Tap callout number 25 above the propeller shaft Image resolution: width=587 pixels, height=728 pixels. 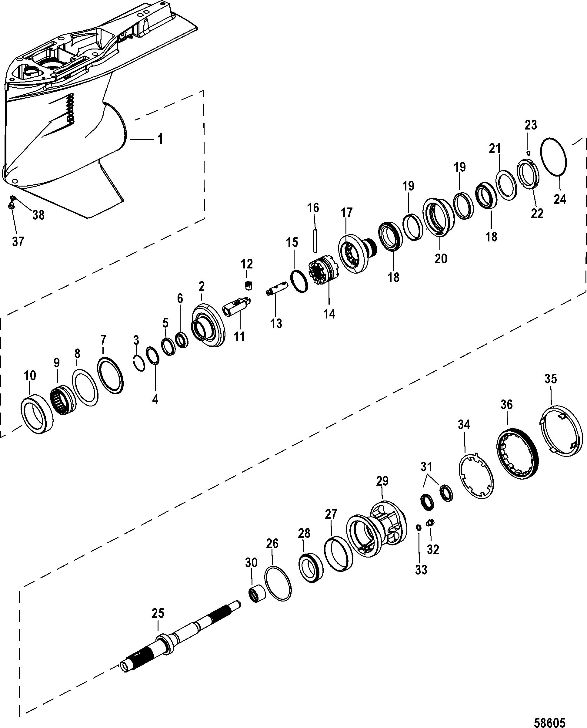158,614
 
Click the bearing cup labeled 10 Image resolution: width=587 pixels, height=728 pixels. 37,416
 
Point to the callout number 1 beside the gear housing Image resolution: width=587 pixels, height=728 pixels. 160,139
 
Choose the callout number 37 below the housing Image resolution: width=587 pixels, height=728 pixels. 18,241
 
